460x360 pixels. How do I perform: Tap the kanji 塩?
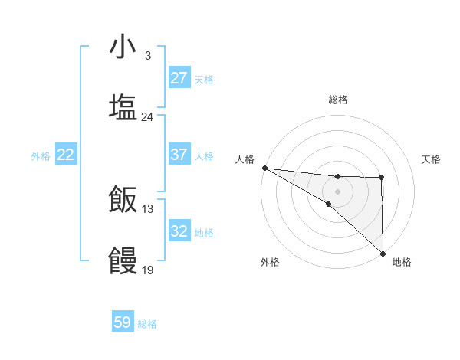[123, 107]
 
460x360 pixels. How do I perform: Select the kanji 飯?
[123, 199]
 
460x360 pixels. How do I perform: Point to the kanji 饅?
[123, 260]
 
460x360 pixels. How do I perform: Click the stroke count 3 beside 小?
[147, 56]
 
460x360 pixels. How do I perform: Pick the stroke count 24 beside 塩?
[147, 117]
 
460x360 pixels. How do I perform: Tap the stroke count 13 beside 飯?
[147, 208]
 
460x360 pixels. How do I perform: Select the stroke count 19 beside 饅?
[147, 270]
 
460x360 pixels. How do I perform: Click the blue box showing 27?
[179, 78]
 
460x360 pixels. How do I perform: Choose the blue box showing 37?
[179, 155]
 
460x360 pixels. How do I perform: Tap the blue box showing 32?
[179, 231]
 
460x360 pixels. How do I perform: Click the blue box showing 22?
[66, 155]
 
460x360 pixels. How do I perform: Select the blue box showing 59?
[123, 322]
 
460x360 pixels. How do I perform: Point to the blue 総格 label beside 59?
[147, 324]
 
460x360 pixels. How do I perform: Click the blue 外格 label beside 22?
[41, 156]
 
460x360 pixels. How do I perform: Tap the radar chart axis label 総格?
[337, 100]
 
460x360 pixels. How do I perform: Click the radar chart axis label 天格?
[432, 159]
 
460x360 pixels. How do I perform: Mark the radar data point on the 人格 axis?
[264, 168]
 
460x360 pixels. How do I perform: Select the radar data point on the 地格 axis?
[382, 252]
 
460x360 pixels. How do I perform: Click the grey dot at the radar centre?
[337, 191]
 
